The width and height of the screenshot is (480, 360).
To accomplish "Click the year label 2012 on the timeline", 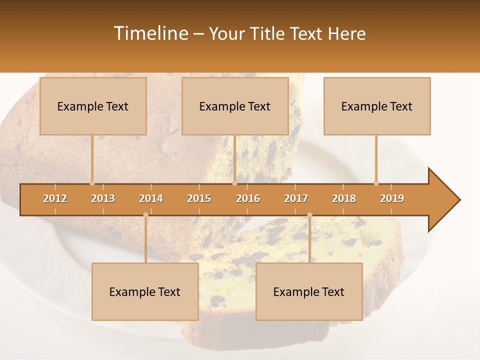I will [x=55, y=198].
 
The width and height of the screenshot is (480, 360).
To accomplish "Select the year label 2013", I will [x=103, y=198].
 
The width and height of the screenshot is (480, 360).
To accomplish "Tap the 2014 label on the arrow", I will [x=151, y=198].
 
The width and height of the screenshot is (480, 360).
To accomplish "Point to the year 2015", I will [x=199, y=198].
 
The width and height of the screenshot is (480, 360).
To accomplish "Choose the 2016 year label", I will [x=248, y=198].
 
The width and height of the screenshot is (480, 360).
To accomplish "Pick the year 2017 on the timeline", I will [x=296, y=198].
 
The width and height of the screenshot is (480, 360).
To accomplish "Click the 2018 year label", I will [x=344, y=198].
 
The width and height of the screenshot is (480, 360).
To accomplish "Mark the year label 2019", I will [x=392, y=198].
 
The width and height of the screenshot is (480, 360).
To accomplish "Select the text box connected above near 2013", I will [x=93, y=106].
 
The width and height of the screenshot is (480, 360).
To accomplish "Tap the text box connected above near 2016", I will [x=235, y=106].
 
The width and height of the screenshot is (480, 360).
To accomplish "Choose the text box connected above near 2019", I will [x=377, y=106].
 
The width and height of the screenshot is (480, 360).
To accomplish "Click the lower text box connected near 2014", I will [x=145, y=291].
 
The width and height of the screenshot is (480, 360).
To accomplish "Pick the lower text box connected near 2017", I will [x=309, y=291].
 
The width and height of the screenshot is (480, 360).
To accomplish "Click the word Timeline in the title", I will [x=150, y=33].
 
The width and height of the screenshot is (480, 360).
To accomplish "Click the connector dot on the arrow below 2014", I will [x=145, y=215].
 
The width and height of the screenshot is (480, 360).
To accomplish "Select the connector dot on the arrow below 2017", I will [x=309, y=215].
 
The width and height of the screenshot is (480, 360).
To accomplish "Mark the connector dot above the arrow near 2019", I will [x=376, y=183].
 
